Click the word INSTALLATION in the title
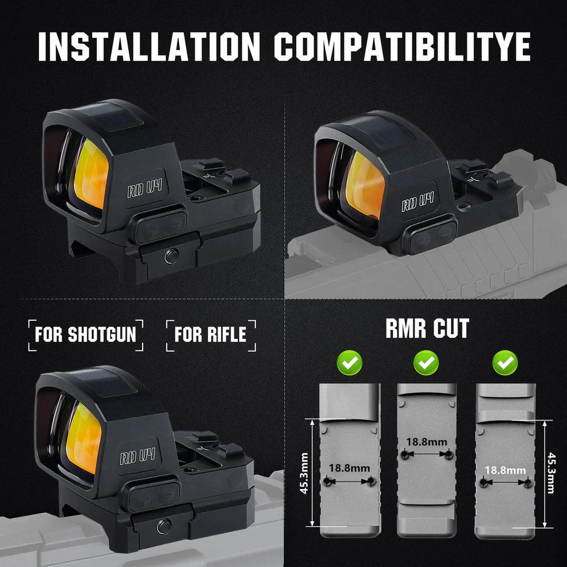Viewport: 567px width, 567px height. point(149,47)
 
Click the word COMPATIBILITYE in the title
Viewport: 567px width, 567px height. point(402,47)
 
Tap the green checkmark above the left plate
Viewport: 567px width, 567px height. point(349,362)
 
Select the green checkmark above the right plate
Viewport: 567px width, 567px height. point(505,362)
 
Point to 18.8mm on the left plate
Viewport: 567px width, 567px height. point(349,467)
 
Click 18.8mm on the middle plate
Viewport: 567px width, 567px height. point(427,442)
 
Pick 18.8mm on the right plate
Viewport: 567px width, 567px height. point(505,470)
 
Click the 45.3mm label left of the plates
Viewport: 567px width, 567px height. point(304,472)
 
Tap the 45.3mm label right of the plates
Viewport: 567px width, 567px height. point(551,472)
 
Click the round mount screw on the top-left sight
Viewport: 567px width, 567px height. point(170,256)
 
